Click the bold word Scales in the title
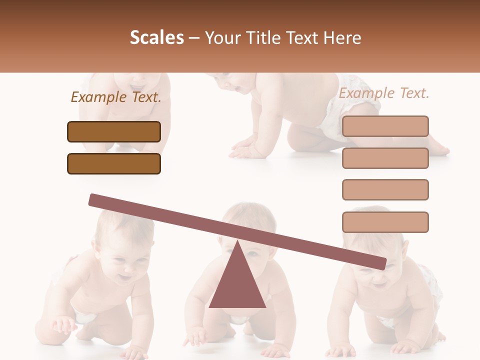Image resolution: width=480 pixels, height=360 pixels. [x=156, y=37]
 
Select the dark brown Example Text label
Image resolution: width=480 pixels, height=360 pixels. [x=116, y=97]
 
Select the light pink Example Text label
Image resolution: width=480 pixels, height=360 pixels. [x=384, y=93]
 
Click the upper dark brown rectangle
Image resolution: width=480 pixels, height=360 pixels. [x=114, y=131]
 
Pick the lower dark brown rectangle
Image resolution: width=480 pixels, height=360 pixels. [x=114, y=163]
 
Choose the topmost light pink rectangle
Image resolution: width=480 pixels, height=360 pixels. [x=385, y=126]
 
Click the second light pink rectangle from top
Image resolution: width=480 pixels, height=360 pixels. [x=385, y=158]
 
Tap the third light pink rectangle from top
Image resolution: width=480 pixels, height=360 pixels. [x=385, y=189]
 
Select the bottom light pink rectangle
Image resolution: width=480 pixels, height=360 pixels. [x=385, y=222]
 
